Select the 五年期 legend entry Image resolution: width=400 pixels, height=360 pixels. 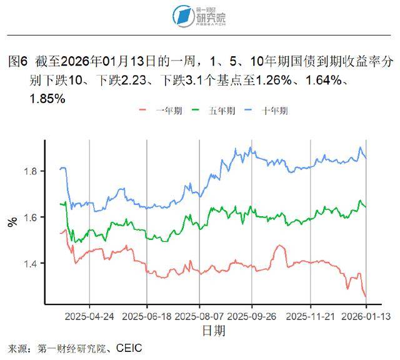click(217, 111)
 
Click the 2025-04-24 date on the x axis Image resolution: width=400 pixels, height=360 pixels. click(89, 316)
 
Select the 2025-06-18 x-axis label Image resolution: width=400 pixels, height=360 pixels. click(147, 316)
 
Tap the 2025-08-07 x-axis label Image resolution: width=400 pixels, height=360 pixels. click(200, 316)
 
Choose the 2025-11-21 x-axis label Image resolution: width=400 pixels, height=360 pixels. click(311, 316)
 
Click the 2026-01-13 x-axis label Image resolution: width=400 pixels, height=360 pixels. click(366, 316)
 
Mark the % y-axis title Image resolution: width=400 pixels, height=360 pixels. click(12, 222)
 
